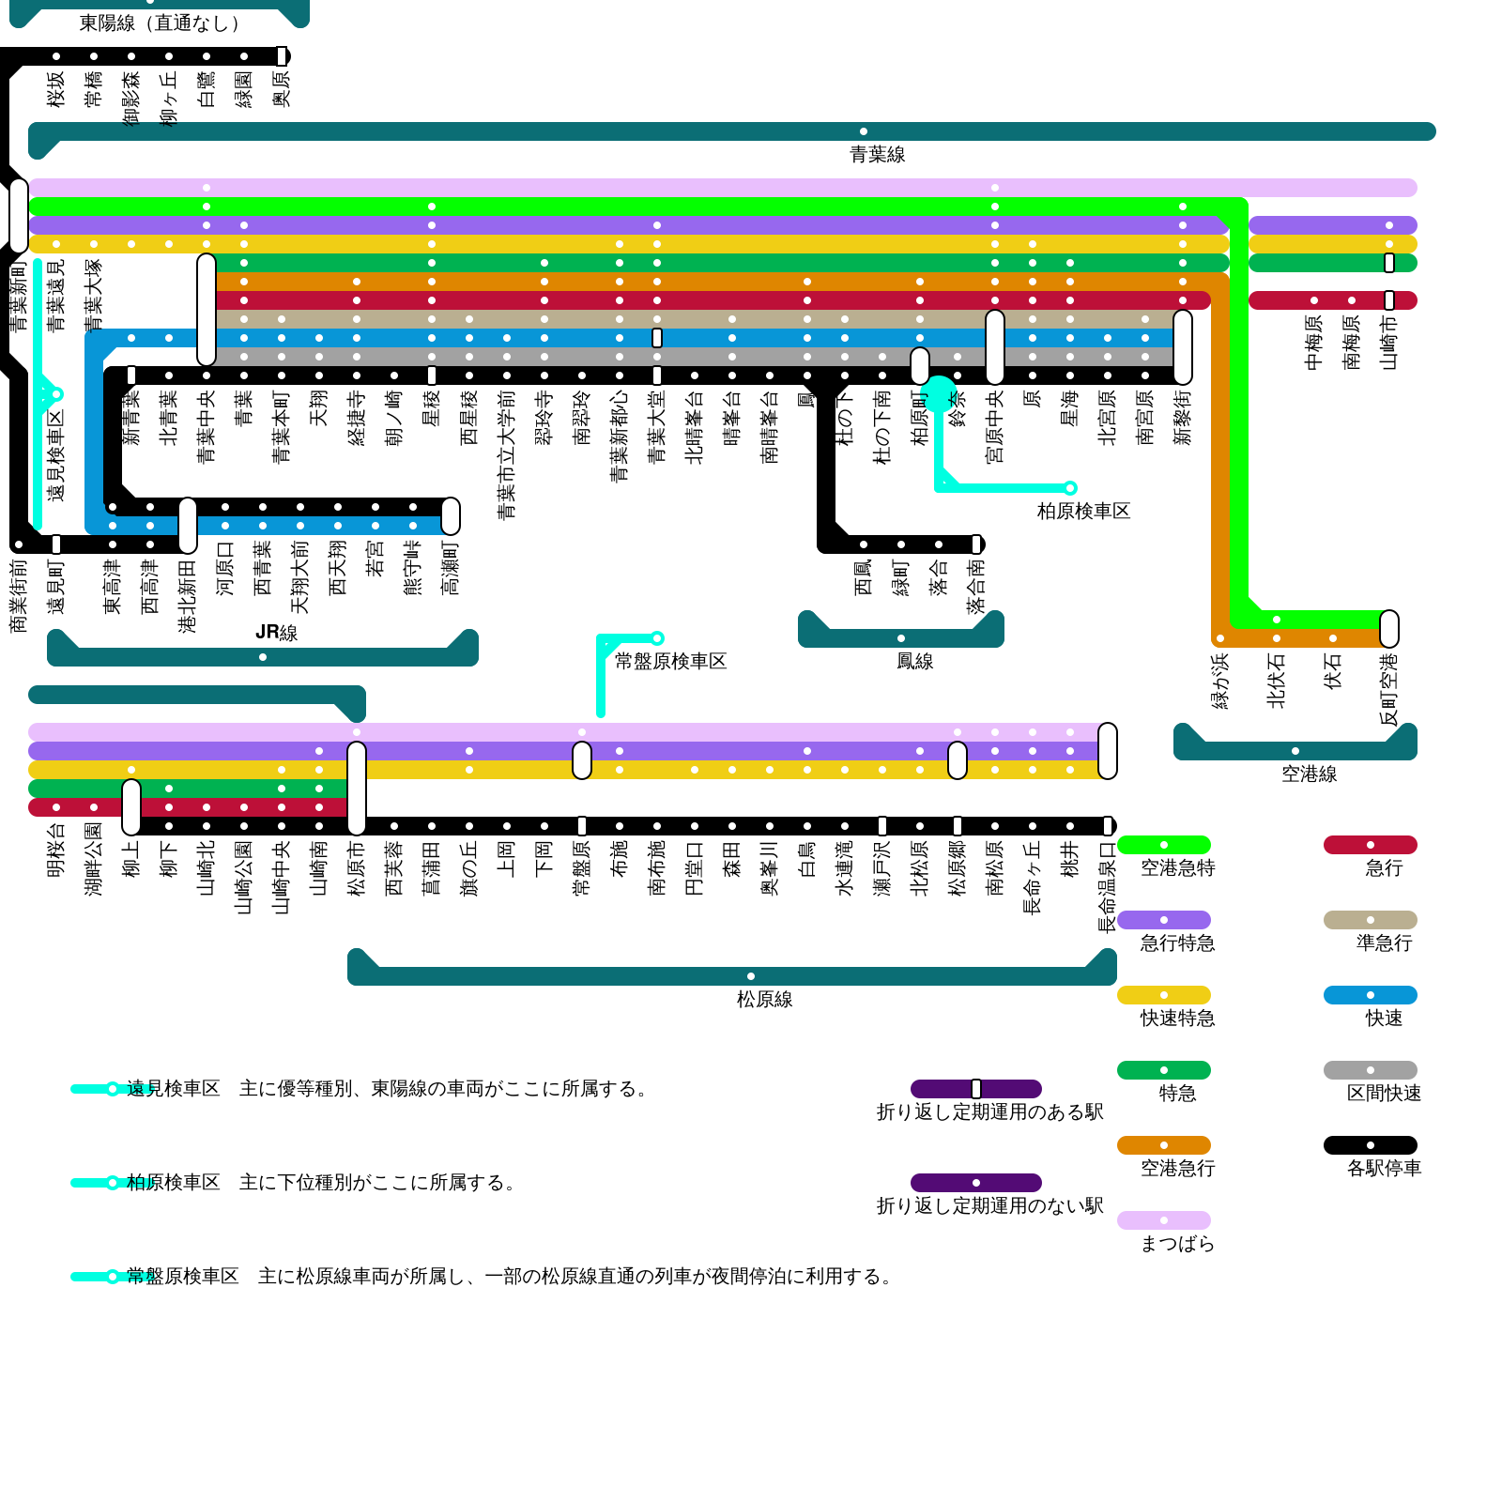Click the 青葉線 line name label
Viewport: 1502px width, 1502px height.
tap(877, 155)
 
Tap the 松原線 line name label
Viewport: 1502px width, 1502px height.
tap(764, 1000)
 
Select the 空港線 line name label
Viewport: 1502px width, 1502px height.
tap(1309, 774)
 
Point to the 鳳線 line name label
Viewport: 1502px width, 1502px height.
tap(914, 662)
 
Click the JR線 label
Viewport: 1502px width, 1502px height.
tap(276, 633)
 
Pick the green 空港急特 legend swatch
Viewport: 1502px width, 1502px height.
tap(1164, 845)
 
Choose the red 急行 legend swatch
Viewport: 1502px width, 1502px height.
tap(1370, 845)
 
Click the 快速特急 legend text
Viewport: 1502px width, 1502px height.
tap(1177, 1019)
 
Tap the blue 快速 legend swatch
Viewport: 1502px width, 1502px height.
tap(1370, 995)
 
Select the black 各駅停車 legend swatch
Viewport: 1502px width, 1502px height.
tap(1370, 1145)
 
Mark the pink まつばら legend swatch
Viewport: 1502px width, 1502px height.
tap(1164, 1220)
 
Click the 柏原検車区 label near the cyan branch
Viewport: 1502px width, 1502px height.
tap(1083, 512)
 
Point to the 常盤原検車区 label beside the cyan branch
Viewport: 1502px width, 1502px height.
tap(670, 662)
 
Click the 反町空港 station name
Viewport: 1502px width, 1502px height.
tap(1389, 689)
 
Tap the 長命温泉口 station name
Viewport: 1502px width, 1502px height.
tap(1108, 886)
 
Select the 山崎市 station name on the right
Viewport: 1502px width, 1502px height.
tap(1389, 342)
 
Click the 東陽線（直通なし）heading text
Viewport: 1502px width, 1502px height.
tap(159, 23)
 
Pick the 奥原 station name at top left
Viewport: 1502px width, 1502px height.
tap(282, 89)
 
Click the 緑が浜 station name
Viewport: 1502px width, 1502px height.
tap(1220, 681)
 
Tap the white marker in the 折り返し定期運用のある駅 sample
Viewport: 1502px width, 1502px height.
tap(976, 1089)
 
